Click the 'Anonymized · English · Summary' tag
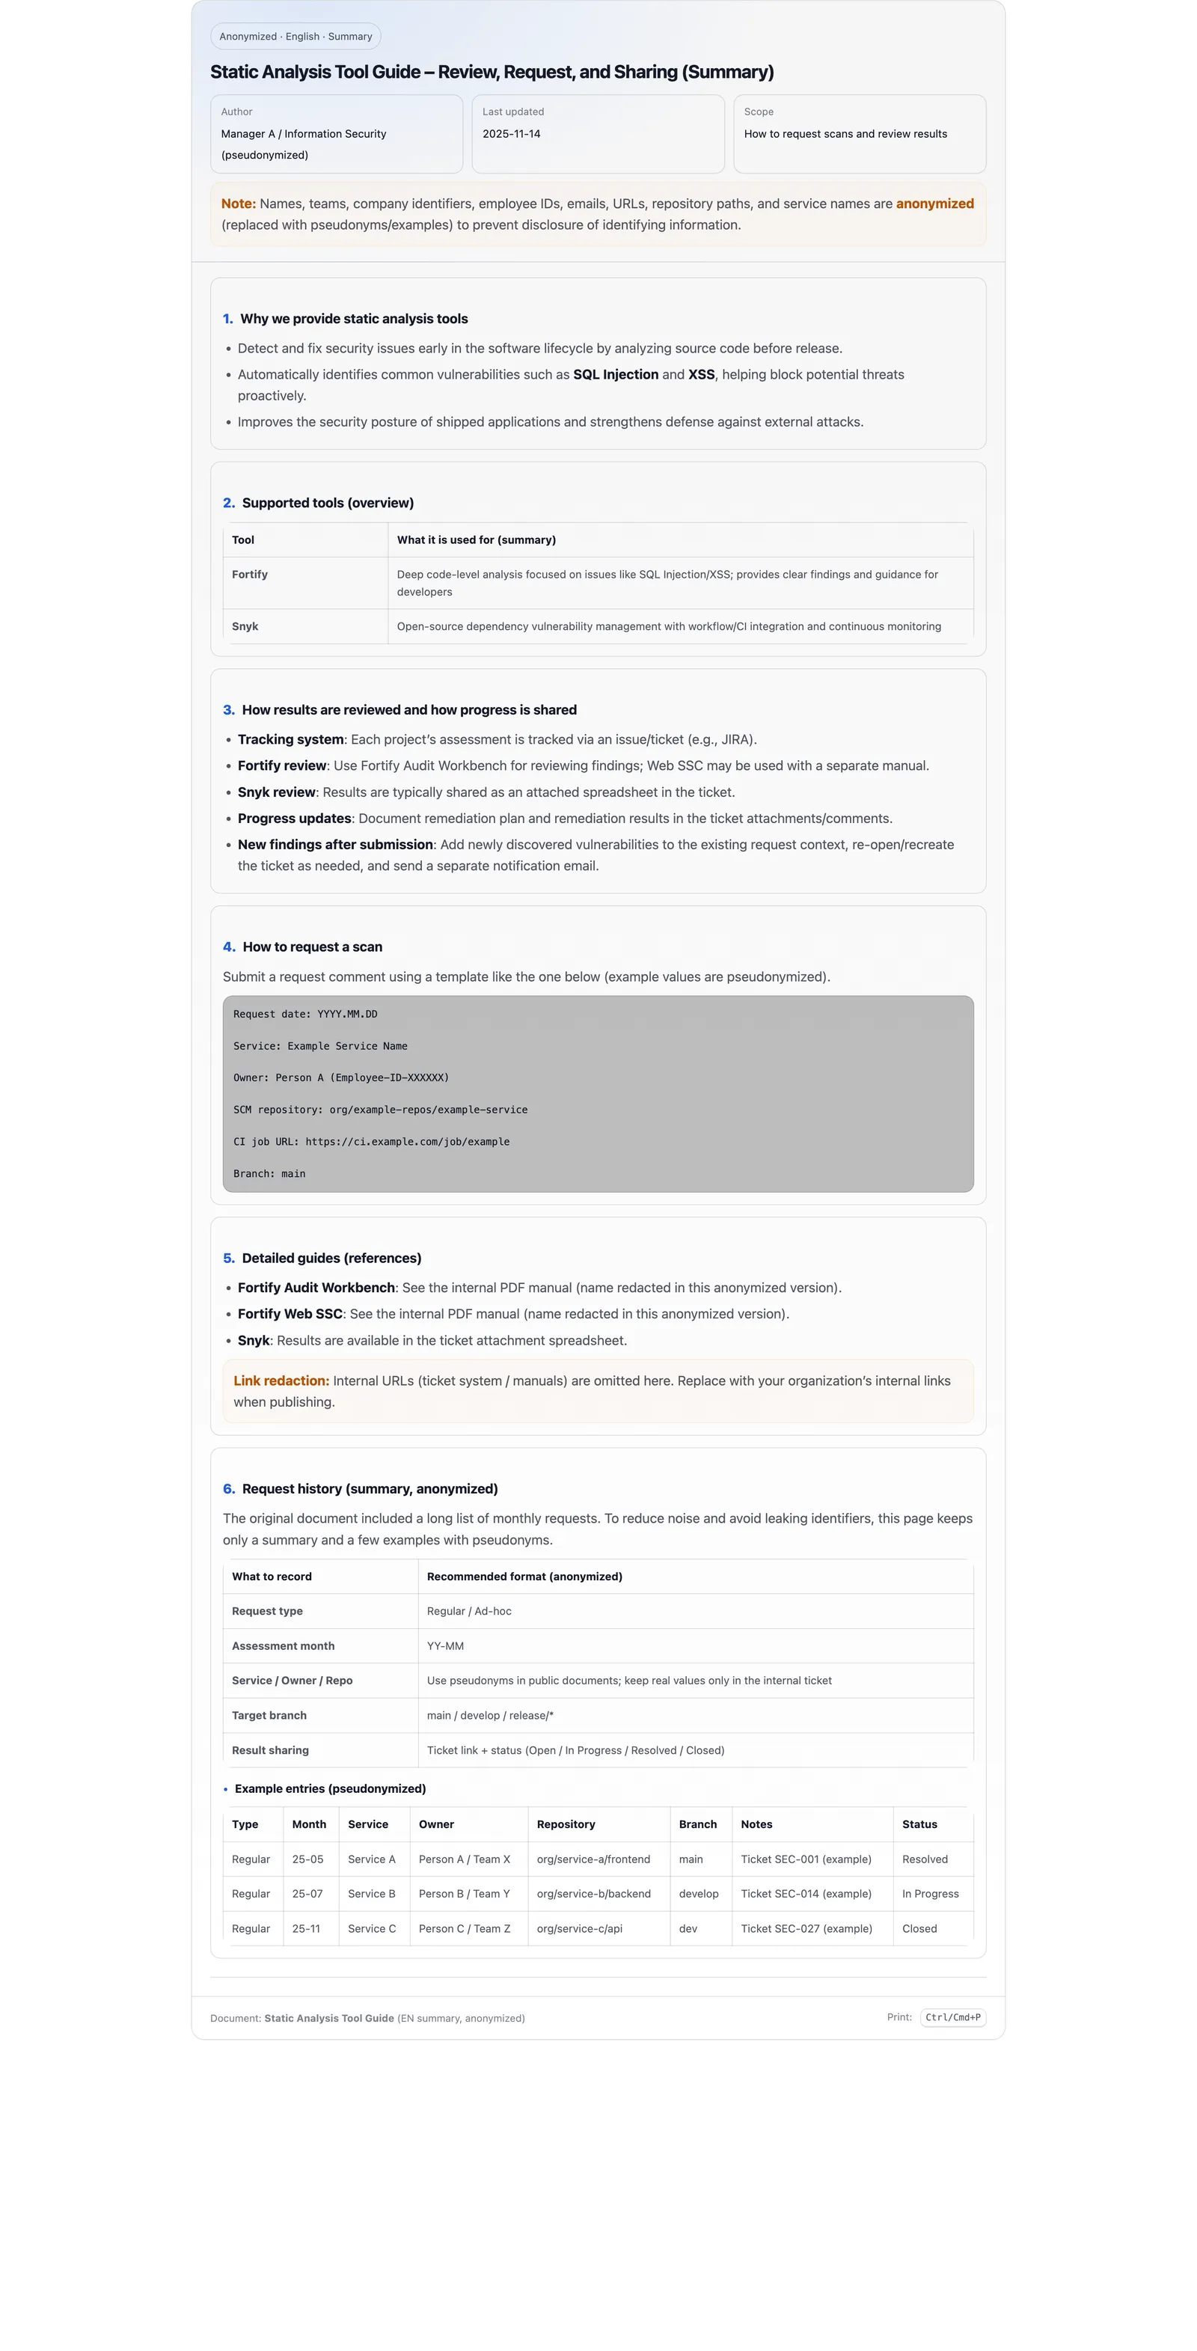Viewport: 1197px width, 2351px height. tap(296, 37)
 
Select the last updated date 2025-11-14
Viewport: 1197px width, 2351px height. tap(511, 134)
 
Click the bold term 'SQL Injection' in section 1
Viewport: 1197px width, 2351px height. tap(615, 374)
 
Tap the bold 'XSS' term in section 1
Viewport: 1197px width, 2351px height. tap(701, 374)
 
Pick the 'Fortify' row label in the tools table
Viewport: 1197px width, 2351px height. tap(250, 574)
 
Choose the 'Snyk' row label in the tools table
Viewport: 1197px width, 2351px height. tap(245, 626)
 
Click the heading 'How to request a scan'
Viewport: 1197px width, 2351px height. tap(312, 947)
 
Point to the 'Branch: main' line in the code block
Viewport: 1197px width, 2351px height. tap(269, 1174)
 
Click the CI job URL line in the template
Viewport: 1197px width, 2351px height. tap(371, 1142)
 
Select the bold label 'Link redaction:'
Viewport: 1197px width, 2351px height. tap(281, 1381)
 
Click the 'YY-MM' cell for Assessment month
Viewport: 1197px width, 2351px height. tap(445, 1645)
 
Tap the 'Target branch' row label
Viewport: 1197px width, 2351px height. tap(269, 1715)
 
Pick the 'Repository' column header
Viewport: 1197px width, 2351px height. tap(566, 1823)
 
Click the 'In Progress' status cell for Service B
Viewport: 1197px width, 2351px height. tap(930, 1894)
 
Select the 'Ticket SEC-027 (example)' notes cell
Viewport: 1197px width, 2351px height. tap(806, 1928)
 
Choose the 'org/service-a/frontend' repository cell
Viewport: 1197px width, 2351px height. tap(593, 1859)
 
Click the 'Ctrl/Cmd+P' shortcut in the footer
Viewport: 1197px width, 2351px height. tap(952, 2017)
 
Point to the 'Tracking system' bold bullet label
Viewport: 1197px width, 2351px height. tap(290, 739)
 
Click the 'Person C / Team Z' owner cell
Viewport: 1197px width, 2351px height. tap(465, 1928)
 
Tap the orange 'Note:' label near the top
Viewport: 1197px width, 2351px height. tap(237, 204)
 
